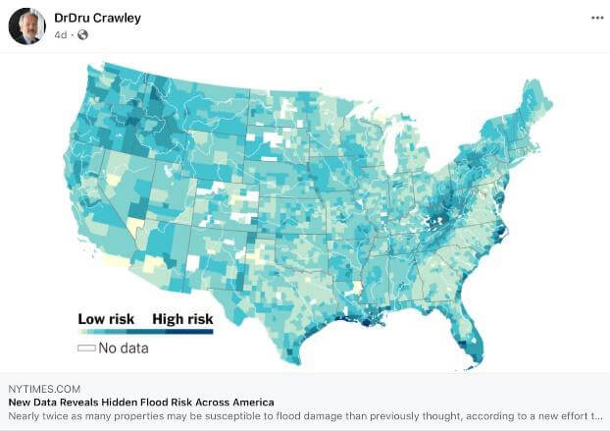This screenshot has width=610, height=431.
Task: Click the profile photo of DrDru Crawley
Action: [x=26, y=26]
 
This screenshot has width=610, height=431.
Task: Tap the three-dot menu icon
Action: [x=597, y=19]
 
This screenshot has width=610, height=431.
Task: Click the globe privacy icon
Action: [x=82, y=35]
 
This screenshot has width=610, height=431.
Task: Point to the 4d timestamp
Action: [x=61, y=35]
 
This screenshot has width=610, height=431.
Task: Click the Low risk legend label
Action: [x=106, y=318]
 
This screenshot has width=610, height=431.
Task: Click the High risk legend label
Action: [x=182, y=318]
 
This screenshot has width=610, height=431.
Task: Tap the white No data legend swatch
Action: [x=86, y=348]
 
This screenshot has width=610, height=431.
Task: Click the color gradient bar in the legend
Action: [x=145, y=332]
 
